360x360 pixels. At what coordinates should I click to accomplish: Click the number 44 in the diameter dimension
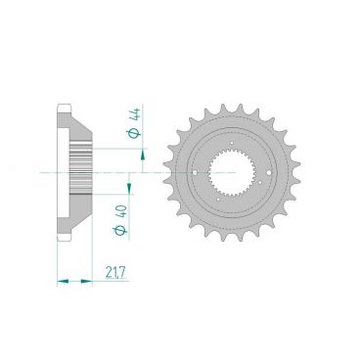pos(137,115)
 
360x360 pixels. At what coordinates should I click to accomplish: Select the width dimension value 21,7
pos(115,272)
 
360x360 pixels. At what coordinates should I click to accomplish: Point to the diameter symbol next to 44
pos(136,133)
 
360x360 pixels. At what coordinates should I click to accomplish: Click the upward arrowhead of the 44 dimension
pos(143,155)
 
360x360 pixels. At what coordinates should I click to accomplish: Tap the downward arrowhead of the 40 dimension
pos(129,188)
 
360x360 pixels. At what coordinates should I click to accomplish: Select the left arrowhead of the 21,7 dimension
pos(63,281)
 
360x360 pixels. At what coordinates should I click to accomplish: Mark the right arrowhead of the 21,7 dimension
pos(87,281)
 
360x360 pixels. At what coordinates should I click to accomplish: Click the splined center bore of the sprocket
pos(231,172)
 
